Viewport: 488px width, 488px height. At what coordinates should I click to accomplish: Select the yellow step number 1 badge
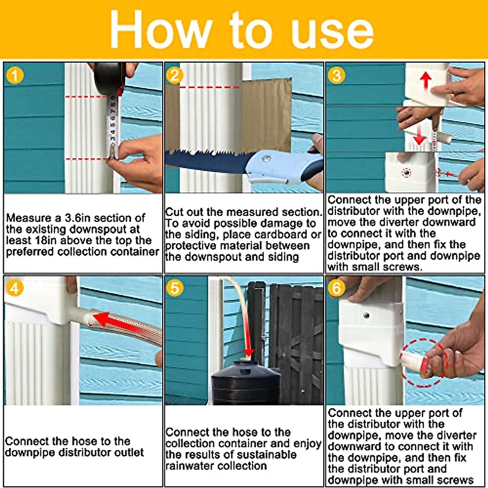[x=15, y=76]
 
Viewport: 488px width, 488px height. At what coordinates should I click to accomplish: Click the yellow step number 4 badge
[x=15, y=288]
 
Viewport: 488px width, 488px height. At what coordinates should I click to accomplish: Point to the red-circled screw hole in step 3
[x=406, y=173]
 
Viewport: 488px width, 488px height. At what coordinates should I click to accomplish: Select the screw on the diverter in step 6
[x=366, y=316]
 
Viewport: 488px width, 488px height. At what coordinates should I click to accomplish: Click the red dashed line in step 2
[x=209, y=87]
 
